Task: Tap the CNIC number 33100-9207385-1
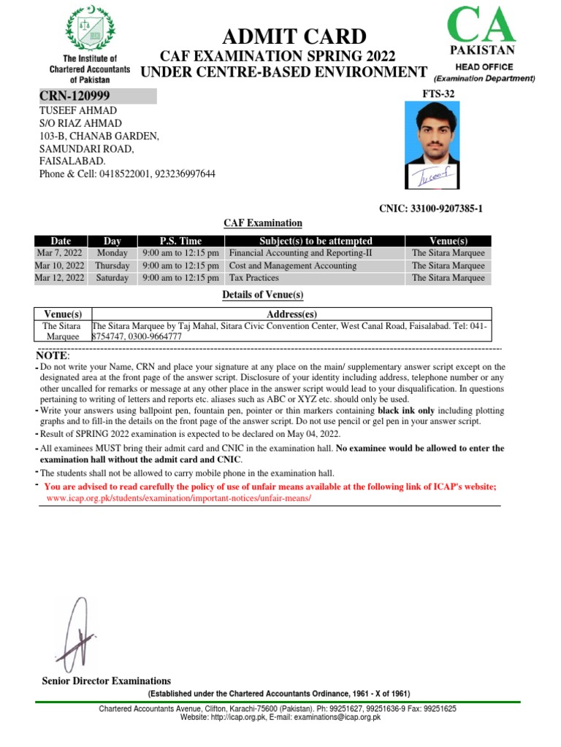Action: [430, 209]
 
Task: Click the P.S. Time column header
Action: [180, 241]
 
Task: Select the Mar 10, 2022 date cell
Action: [59, 266]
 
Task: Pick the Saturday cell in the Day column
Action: [112, 278]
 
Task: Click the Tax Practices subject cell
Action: [253, 278]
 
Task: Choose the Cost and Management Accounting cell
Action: [293, 266]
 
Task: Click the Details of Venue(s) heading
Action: [262, 295]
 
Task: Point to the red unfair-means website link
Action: [178, 498]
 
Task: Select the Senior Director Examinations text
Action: [107, 681]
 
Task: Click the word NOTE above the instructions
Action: [53, 355]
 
